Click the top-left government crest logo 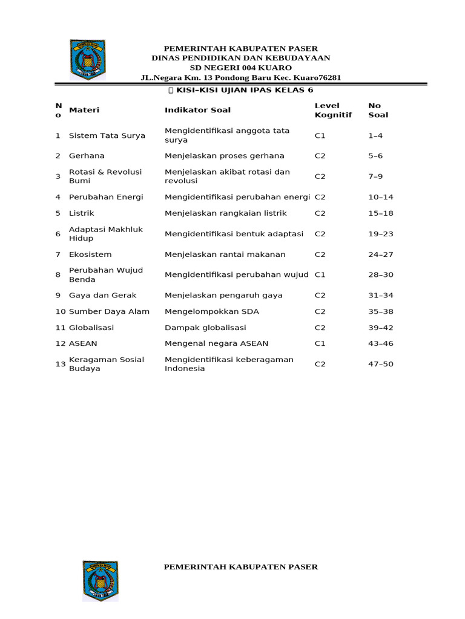coord(87,60)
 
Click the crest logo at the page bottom coord(100,580)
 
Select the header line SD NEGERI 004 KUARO coord(240,68)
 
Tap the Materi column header coord(84,110)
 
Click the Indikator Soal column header coord(197,110)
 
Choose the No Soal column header coord(378,110)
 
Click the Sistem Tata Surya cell coord(107,135)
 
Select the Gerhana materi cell coord(87,156)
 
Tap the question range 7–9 coord(375,177)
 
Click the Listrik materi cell coord(82,213)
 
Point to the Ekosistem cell coord(90,254)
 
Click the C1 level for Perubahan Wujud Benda coord(320,275)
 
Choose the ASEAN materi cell coord(83,343)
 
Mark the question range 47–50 coord(381,364)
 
